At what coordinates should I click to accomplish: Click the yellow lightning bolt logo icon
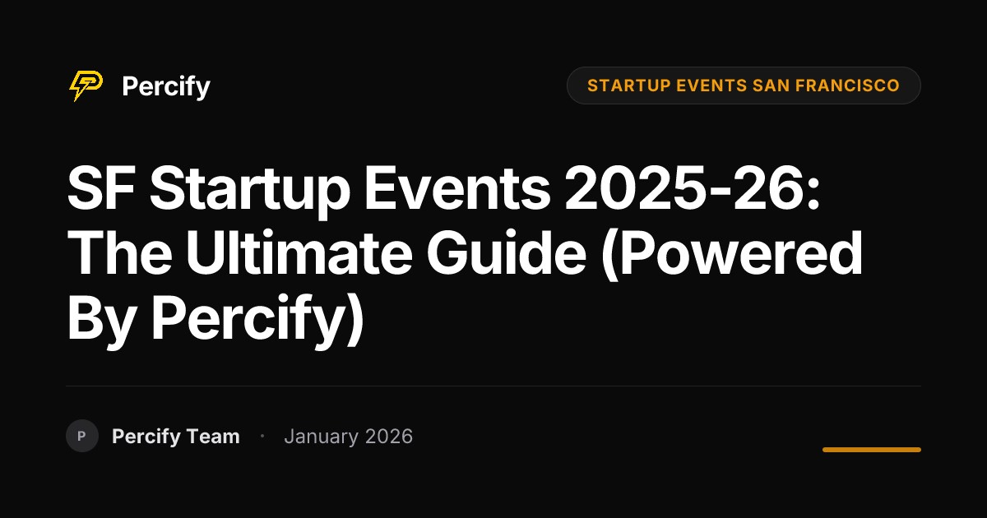(86, 86)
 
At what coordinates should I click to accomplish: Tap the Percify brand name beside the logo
(166, 87)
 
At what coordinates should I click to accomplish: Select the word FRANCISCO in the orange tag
(847, 86)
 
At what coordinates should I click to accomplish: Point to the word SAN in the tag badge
(772, 86)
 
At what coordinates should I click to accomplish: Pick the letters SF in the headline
(101, 187)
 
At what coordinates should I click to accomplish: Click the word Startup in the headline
(250, 191)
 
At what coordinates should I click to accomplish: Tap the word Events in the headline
(457, 188)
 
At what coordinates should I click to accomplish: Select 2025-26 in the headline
(692, 187)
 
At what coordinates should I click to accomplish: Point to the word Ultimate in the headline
(299, 252)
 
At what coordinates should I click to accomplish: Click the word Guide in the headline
(507, 252)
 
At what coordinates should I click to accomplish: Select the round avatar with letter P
(82, 436)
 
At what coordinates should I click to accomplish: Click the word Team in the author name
(213, 437)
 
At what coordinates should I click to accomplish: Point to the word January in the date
(322, 437)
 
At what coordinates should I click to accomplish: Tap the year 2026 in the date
(389, 437)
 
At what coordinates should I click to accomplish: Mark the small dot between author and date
(262, 436)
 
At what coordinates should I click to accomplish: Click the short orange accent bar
(872, 450)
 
